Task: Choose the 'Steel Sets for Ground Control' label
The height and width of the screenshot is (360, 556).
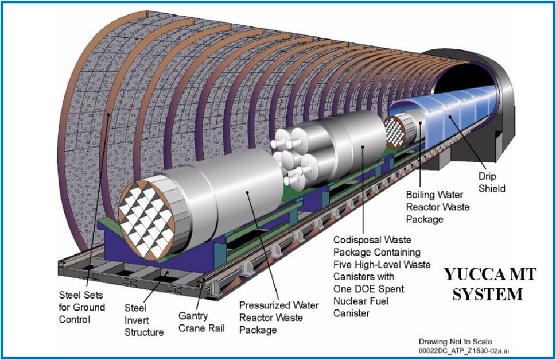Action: point(82,307)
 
